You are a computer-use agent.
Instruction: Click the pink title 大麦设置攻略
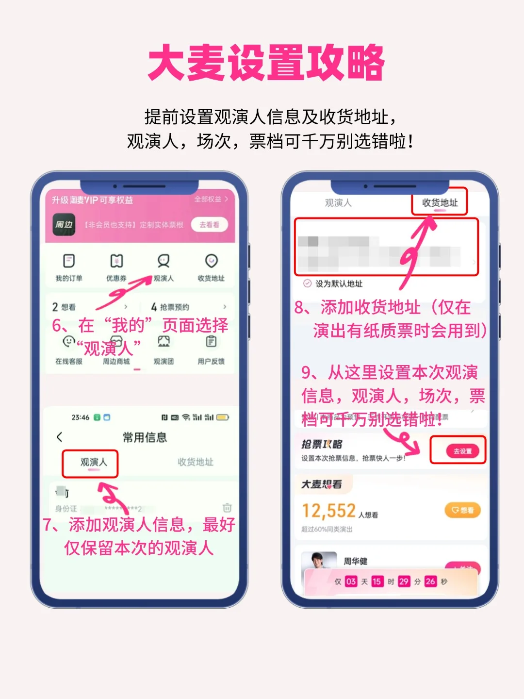(266, 63)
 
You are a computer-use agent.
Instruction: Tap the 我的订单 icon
(69, 261)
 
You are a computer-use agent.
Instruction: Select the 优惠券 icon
(116, 261)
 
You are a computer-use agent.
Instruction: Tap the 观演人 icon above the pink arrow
(164, 261)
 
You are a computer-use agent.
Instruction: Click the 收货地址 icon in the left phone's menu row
(211, 261)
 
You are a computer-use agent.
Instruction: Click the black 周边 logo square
(64, 225)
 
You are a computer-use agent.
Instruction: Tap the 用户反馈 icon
(211, 342)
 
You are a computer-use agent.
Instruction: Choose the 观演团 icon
(164, 342)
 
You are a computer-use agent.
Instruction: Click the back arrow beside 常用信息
(60, 437)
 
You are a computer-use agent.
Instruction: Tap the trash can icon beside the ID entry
(227, 508)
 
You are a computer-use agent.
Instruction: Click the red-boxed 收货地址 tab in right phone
(440, 203)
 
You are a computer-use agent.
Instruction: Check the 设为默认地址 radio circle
(307, 283)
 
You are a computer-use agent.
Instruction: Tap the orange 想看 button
(462, 510)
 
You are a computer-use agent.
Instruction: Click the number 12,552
(329, 511)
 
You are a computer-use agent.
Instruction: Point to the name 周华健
(356, 561)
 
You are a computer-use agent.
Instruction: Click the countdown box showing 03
(351, 582)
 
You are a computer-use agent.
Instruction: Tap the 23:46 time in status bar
(81, 417)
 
